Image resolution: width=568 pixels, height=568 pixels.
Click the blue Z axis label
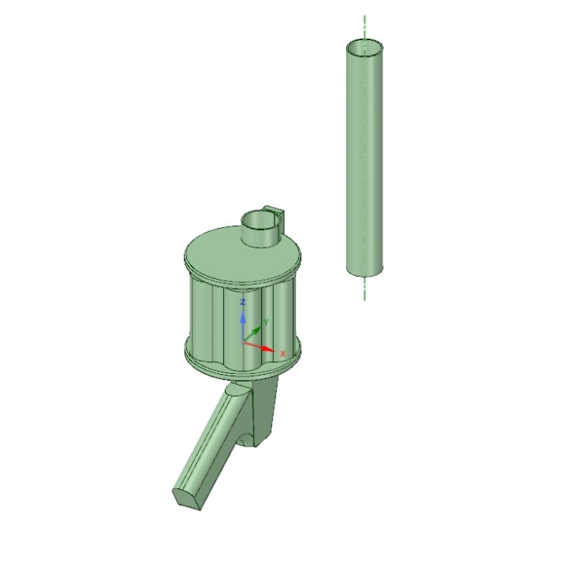[x=244, y=301]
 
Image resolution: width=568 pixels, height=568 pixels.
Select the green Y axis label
[x=267, y=322]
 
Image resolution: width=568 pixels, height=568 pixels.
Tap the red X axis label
[x=283, y=353]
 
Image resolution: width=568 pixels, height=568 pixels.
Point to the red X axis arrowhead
[x=268, y=349]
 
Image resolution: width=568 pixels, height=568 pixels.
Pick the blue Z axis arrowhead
[x=244, y=318]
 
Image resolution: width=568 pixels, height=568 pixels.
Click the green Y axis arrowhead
[x=257, y=330]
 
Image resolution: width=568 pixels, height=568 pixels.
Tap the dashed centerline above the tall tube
[x=364, y=27]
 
